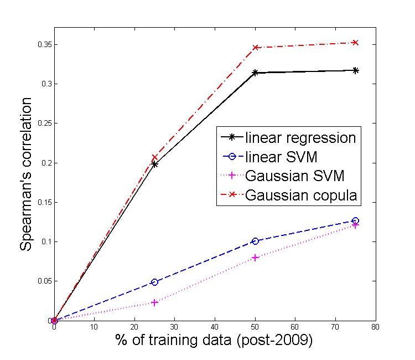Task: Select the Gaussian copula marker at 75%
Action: tap(355, 43)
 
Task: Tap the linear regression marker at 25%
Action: tap(154, 164)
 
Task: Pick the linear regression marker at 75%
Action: tap(355, 70)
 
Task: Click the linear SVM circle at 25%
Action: tap(154, 282)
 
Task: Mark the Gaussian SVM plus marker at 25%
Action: tap(154, 302)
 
